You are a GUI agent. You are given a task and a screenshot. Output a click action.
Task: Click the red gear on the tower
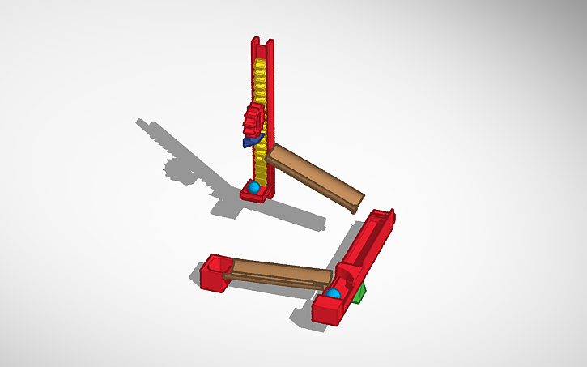click(x=253, y=120)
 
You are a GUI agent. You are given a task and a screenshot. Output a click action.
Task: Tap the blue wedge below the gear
click(x=252, y=142)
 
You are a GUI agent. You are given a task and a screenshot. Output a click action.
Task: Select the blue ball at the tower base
click(x=254, y=187)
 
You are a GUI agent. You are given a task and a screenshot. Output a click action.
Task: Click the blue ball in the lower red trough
click(x=333, y=292)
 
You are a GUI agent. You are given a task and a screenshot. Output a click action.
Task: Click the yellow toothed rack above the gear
click(x=260, y=81)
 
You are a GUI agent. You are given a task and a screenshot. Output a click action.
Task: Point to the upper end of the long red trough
click(x=384, y=217)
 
